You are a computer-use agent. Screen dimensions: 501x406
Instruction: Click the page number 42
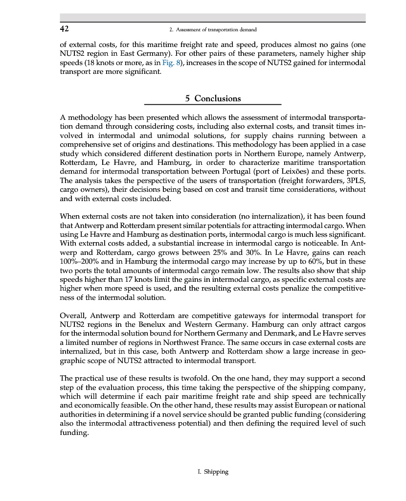(x=64, y=29)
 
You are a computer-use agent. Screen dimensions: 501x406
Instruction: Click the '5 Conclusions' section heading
(x=213, y=98)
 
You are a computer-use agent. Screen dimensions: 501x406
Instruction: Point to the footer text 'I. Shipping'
(x=216, y=472)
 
